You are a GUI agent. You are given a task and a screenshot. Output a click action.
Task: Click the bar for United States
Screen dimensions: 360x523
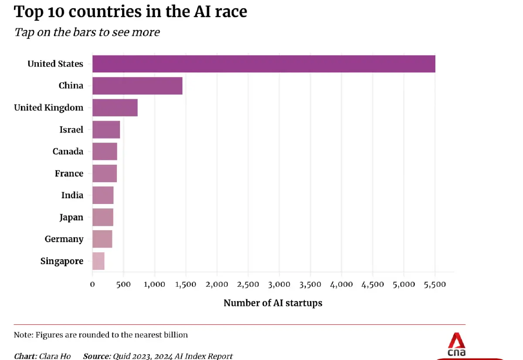pyautogui.click(x=264, y=64)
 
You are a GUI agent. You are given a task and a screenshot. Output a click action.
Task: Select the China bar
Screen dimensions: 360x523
pyautogui.click(x=137, y=85)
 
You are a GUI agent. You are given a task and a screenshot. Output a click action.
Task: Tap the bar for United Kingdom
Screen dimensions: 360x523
pyautogui.click(x=115, y=108)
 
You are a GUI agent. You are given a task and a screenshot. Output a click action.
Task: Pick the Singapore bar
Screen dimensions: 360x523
pyautogui.click(x=98, y=261)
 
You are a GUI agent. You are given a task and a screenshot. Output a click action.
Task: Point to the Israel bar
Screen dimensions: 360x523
pyautogui.click(x=106, y=129)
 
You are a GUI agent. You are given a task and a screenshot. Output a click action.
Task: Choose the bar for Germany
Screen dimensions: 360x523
pyautogui.click(x=102, y=239)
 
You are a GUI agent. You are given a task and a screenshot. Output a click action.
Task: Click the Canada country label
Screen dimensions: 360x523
pyautogui.click(x=68, y=151)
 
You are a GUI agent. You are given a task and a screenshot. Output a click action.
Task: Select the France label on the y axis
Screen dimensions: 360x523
pyautogui.click(x=69, y=173)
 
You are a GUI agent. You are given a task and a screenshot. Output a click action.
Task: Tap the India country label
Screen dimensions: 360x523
pyautogui.click(x=72, y=195)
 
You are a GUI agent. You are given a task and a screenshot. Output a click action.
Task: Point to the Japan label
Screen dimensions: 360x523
pyautogui.click(x=71, y=217)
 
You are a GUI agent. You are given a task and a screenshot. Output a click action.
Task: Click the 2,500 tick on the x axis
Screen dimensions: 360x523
pyautogui.click(x=248, y=285)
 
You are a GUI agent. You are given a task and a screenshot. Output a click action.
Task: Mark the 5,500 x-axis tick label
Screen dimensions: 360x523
pyautogui.click(x=435, y=285)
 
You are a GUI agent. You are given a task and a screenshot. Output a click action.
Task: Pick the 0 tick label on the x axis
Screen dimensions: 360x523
pyautogui.click(x=92, y=285)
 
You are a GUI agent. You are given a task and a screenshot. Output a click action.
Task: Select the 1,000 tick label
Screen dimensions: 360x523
pyautogui.click(x=154, y=285)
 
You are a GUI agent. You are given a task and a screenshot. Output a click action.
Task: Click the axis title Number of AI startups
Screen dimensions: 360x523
pyautogui.click(x=273, y=303)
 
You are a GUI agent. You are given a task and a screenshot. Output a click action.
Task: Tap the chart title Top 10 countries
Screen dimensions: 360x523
pyautogui.click(x=131, y=12)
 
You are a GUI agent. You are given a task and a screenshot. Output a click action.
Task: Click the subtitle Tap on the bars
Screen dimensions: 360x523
pyautogui.click(x=87, y=32)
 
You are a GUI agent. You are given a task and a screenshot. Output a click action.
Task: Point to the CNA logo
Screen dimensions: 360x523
pyautogui.click(x=456, y=344)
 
